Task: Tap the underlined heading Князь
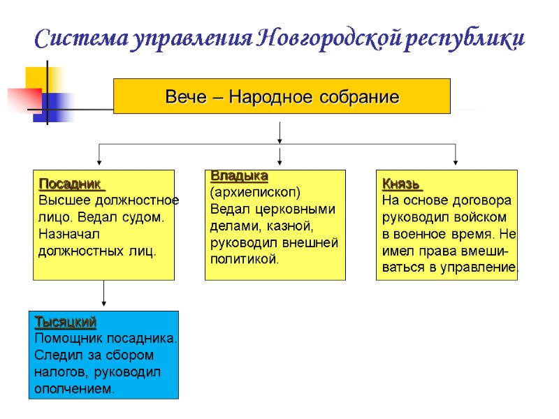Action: [x=401, y=184]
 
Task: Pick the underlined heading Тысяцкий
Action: [x=66, y=322]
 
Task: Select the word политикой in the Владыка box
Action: [x=244, y=259]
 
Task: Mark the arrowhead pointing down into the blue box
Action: [x=103, y=303]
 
